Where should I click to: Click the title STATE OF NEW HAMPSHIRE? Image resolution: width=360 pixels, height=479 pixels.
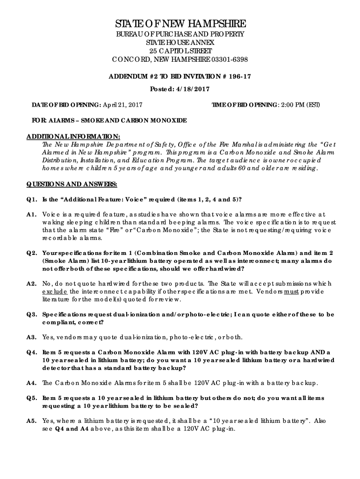pos(180,24)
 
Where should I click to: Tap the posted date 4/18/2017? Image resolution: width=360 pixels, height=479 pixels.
pos(193,89)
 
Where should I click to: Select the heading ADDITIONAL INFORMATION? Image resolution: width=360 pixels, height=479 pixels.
pos(73,136)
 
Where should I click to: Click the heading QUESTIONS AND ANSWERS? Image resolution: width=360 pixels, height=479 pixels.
pos(72,184)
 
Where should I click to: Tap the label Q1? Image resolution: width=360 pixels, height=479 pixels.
pos(31,199)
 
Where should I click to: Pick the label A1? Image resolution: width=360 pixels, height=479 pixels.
pos(31,214)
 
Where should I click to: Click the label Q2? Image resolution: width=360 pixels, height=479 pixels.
pos(31,253)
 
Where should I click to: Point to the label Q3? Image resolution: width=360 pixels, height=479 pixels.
pos(31,314)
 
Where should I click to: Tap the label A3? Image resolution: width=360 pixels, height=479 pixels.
pos(31,337)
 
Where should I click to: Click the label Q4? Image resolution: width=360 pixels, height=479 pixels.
pos(31,352)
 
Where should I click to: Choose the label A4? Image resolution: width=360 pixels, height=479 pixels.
pos(31,383)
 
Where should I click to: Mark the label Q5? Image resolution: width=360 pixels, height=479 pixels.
pos(31,398)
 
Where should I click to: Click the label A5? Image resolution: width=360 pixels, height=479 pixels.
pos(31,421)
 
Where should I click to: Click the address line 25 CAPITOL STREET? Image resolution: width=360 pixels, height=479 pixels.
pos(180,51)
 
